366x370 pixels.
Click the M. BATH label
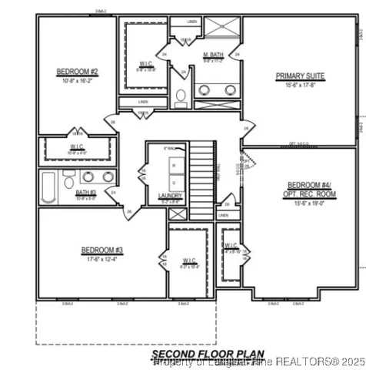point(212,54)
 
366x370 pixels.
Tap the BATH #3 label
point(86,192)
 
